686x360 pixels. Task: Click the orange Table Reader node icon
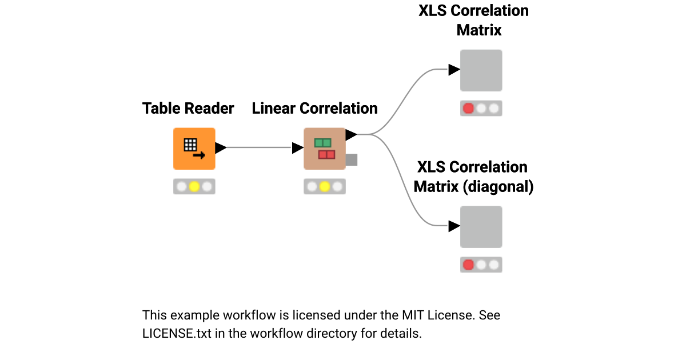point(194,149)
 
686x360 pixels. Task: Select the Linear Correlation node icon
point(325,149)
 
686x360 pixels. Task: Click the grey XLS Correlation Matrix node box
point(481,70)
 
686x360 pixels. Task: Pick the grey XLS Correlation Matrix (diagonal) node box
point(481,227)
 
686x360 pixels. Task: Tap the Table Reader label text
point(188,109)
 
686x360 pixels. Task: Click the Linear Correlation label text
point(314,109)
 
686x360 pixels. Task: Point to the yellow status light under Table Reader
point(194,187)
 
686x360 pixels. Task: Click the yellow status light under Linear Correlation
point(325,187)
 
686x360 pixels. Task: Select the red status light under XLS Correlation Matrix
point(468,109)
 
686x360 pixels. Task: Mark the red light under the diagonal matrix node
point(468,265)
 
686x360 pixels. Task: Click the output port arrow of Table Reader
point(221,148)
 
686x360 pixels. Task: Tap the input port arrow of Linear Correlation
point(297,148)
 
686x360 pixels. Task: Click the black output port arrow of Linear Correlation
point(351,135)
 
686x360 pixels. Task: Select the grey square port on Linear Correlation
point(352,160)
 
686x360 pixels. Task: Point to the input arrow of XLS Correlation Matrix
point(454,70)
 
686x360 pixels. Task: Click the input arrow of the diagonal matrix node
point(454,226)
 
